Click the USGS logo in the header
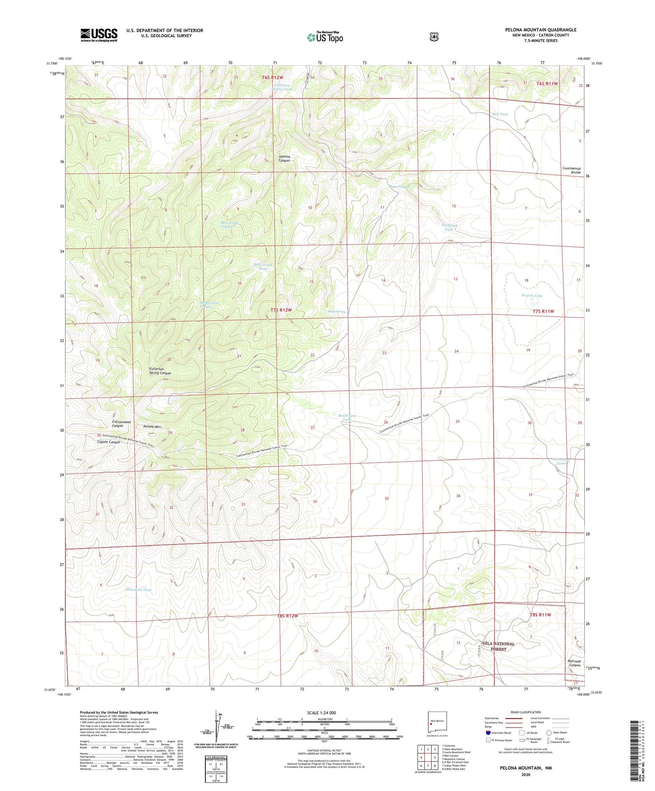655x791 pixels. pyautogui.click(x=99, y=35)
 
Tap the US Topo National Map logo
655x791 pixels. pyautogui.click(x=324, y=37)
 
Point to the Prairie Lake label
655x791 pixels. pyautogui.click(x=532, y=295)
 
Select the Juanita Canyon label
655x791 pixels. pyautogui.click(x=284, y=159)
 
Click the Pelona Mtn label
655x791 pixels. pyautogui.click(x=152, y=427)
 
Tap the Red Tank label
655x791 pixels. pyautogui.click(x=500, y=114)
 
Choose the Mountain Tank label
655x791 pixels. pyautogui.click(x=138, y=590)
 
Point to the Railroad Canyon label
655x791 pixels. pyautogui.click(x=574, y=663)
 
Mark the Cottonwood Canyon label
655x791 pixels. pyautogui.click(x=121, y=424)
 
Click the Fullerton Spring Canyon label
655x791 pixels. pyautogui.click(x=160, y=371)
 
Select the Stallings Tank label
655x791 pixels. pyautogui.click(x=449, y=227)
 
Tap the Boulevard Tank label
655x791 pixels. pyautogui.click(x=347, y=418)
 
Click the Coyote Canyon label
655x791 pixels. pyautogui.click(x=108, y=442)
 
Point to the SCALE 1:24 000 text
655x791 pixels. pyautogui.click(x=321, y=713)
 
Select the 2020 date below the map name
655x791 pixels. pyautogui.click(x=525, y=774)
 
